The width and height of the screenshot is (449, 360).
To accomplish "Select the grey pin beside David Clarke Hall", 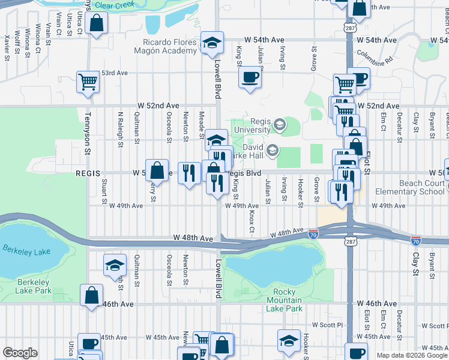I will point(273,150).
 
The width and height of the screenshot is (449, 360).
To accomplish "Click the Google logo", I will point(20,353).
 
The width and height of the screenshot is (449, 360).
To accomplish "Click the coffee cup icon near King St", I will point(250,77).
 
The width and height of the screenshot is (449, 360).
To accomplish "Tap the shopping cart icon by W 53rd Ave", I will point(88,82).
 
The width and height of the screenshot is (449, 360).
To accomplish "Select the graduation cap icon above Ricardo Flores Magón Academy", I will point(211,43).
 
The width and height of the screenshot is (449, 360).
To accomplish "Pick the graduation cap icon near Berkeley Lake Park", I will point(115,266).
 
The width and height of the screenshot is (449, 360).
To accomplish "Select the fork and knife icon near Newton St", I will point(189,173).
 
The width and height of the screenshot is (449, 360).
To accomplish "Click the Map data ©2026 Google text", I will point(411,355).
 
